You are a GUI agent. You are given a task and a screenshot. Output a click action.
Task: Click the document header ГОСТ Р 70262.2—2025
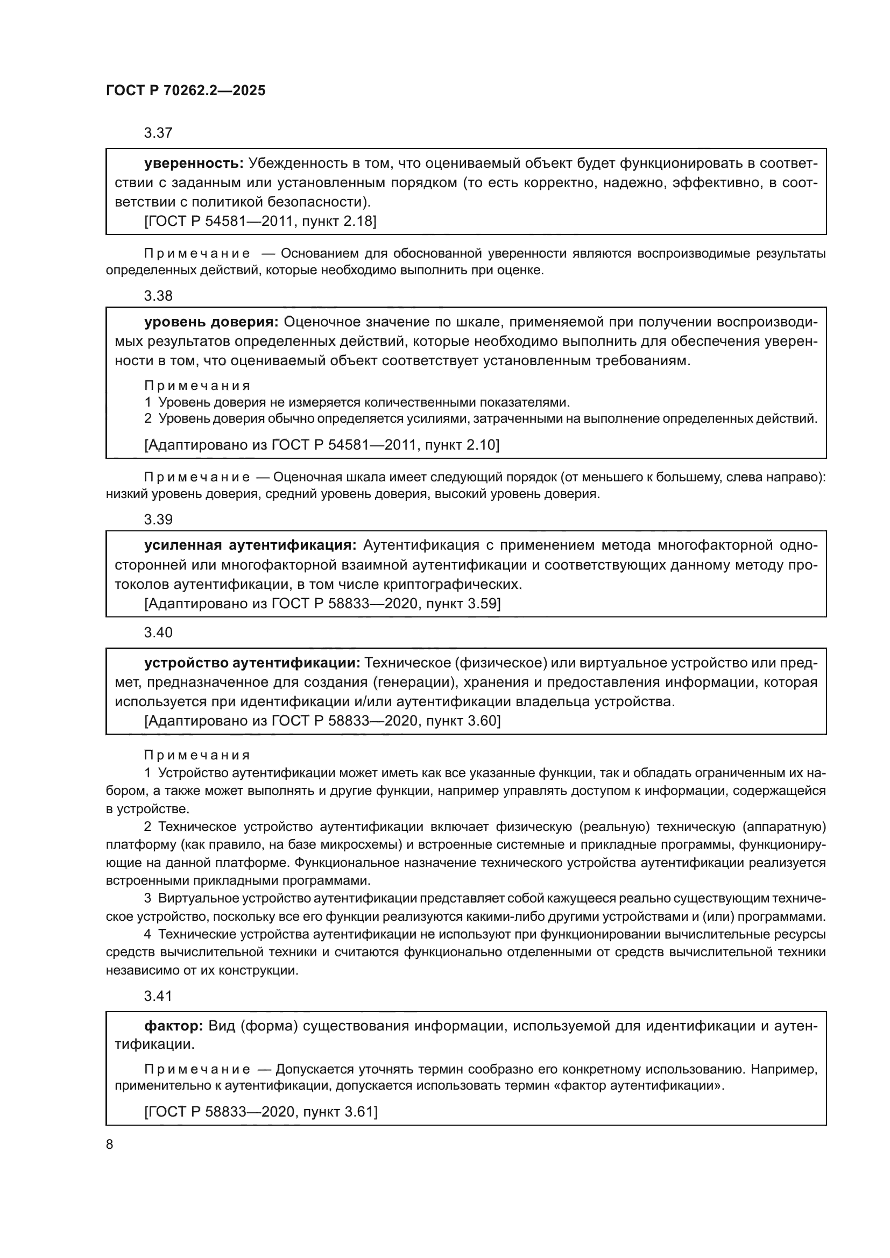point(185,90)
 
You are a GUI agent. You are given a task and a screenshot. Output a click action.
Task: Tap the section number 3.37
point(158,133)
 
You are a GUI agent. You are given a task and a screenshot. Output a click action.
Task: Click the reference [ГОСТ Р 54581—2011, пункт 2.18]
point(260,221)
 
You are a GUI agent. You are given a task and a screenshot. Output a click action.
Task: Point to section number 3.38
point(158,296)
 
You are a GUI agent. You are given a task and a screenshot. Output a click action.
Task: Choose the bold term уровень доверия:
point(211,322)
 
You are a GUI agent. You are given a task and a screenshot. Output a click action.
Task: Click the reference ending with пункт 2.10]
point(322,444)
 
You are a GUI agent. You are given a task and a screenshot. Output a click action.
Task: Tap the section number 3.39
point(158,520)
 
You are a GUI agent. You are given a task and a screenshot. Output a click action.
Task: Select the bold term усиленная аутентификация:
point(250,545)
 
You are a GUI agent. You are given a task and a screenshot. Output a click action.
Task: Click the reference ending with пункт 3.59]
point(322,603)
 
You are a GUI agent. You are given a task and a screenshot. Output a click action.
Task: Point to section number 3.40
point(158,632)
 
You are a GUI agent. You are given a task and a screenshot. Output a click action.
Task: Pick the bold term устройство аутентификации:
point(252,663)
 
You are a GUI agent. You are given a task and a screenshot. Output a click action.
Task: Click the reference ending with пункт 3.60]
point(322,721)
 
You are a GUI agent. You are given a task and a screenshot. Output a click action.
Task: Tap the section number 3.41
point(158,996)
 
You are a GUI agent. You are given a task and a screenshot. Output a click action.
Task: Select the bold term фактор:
point(174,1026)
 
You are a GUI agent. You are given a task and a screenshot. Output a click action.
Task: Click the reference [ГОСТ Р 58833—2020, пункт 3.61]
point(261,1111)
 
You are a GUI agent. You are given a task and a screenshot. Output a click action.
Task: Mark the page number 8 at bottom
point(110,1144)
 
